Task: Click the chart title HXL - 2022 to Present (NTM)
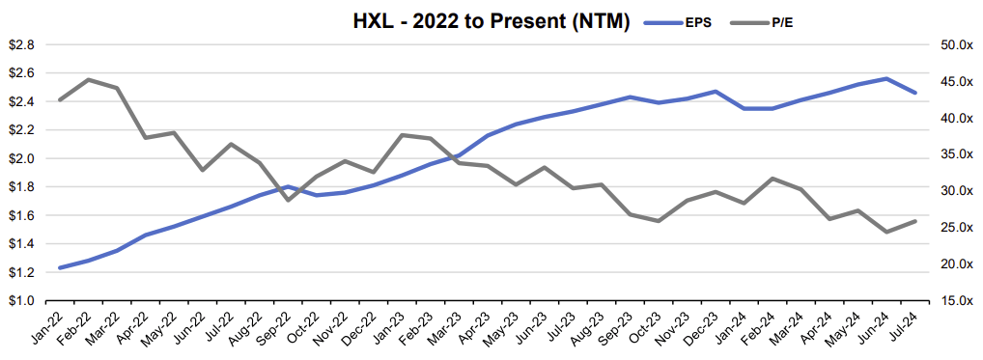click(491, 22)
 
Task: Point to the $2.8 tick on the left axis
click(22, 44)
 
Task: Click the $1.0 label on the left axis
click(22, 301)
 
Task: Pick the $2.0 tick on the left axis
click(22, 158)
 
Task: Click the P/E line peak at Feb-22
click(89, 79)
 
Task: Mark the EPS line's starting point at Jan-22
click(60, 267)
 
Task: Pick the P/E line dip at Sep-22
click(288, 200)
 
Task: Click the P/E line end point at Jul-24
click(914, 221)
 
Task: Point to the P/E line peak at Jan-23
click(402, 135)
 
